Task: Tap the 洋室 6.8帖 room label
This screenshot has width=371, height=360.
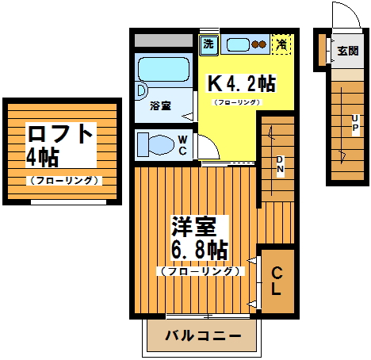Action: tap(199, 238)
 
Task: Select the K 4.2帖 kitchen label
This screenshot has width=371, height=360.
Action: tap(241, 83)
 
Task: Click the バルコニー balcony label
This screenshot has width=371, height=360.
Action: tap(203, 336)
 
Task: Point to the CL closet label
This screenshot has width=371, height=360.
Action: tap(277, 282)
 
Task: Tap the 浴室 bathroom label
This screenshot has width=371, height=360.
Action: tap(160, 105)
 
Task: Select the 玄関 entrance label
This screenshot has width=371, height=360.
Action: tap(347, 52)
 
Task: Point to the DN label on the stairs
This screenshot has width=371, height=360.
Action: tap(280, 167)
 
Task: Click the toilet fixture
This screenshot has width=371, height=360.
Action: tap(155, 145)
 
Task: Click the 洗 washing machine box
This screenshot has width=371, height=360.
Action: tap(208, 44)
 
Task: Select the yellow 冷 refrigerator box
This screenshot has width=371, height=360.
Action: tap(281, 44)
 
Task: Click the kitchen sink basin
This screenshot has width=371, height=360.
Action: tap(235, 44)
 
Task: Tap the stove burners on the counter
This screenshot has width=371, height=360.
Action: tap(259, 44)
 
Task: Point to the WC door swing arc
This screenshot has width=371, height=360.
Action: tap(205, 147)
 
